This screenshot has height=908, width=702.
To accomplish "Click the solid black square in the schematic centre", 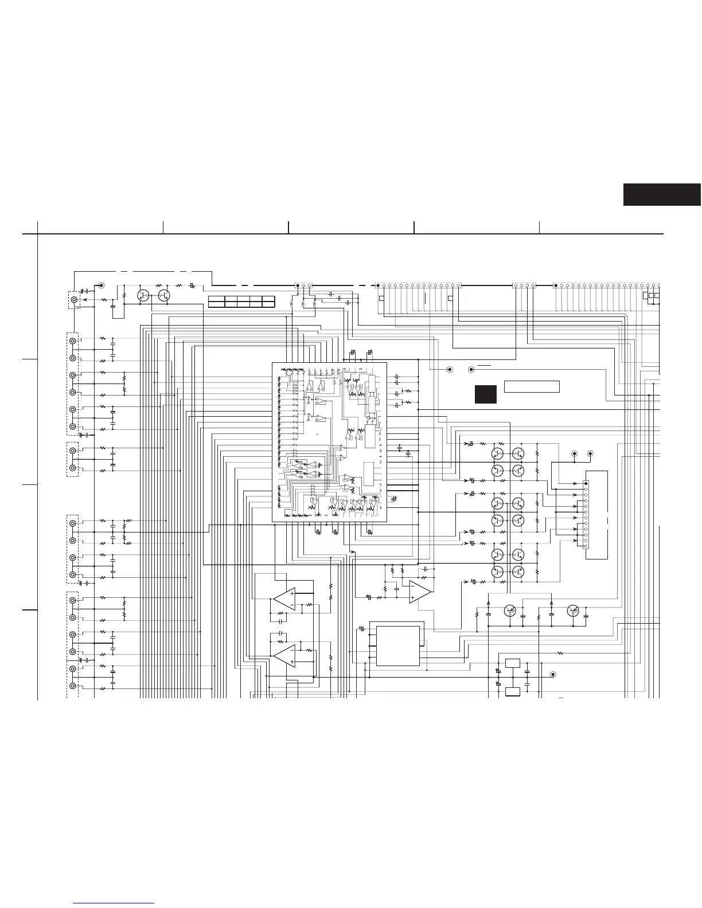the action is [x=485, y=394].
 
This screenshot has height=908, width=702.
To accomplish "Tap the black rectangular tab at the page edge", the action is [x=662, y=194].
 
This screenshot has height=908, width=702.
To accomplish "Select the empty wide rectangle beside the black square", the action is [x=532, y=386].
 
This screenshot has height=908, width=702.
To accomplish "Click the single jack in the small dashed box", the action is [x=74, y=299].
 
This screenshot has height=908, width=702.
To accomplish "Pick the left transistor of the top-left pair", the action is [x=143, y=296].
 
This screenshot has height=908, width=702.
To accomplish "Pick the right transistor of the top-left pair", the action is [x=164, y=296].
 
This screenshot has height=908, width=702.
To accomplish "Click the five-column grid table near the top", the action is [x=241, y=302].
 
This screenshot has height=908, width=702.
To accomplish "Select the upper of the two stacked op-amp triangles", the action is [x=285, y=599].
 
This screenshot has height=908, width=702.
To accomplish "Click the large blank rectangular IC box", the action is [x=398, y=645].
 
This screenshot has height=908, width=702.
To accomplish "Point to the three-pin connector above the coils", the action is [x=303, y=285].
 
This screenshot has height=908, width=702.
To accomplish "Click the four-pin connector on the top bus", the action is [x=524, y=285].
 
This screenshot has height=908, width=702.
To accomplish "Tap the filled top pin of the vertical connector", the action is [x=586, y=484].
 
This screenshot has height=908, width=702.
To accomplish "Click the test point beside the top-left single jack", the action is [x=101, y=285].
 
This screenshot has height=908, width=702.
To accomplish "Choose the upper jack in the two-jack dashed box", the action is [x=73, y=451].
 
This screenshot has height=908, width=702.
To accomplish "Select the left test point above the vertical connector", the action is [x=574, y=453].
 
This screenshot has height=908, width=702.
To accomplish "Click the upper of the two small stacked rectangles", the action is [x=513, y=663].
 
